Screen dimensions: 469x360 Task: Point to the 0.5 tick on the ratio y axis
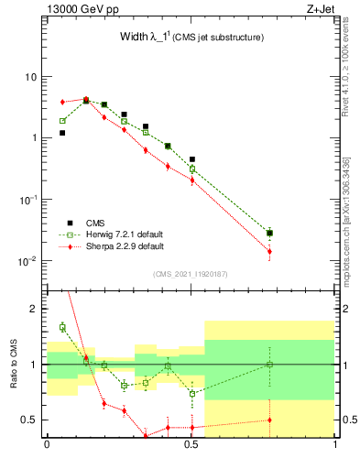tap(30, 420)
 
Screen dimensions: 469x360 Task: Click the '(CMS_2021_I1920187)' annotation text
tap(191, 274)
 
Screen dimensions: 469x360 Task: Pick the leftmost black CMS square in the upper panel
tap(62, 133)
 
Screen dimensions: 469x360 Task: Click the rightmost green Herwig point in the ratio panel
tap(269, 365)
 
